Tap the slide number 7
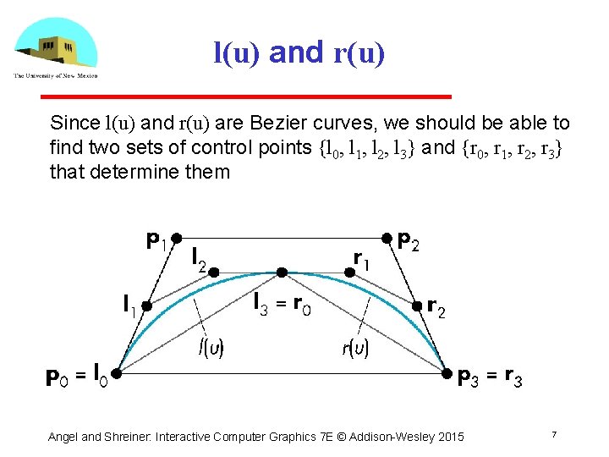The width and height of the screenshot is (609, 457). tap(553, 435)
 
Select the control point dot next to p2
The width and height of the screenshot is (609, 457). tap(387, 238)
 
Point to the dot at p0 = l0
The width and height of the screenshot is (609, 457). tap(117, 372)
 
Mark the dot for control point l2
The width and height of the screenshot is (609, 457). tap(215, 272)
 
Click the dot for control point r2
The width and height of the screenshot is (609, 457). tap(417, 306)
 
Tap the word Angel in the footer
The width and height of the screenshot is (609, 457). tap(63, 437)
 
